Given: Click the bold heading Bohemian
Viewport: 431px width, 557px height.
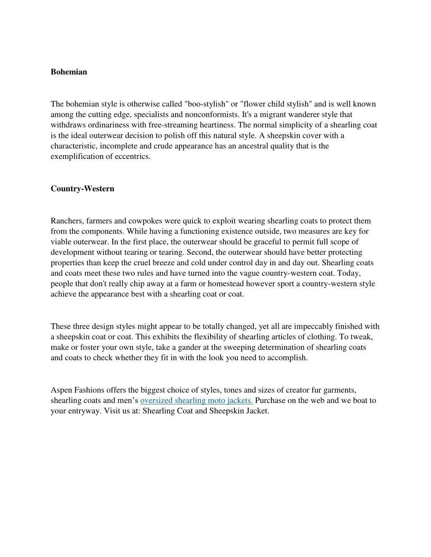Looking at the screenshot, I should click(69, 72).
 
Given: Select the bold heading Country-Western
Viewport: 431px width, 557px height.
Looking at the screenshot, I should click(82, 189).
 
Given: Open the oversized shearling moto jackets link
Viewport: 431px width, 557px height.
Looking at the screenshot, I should click(196, 401).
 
